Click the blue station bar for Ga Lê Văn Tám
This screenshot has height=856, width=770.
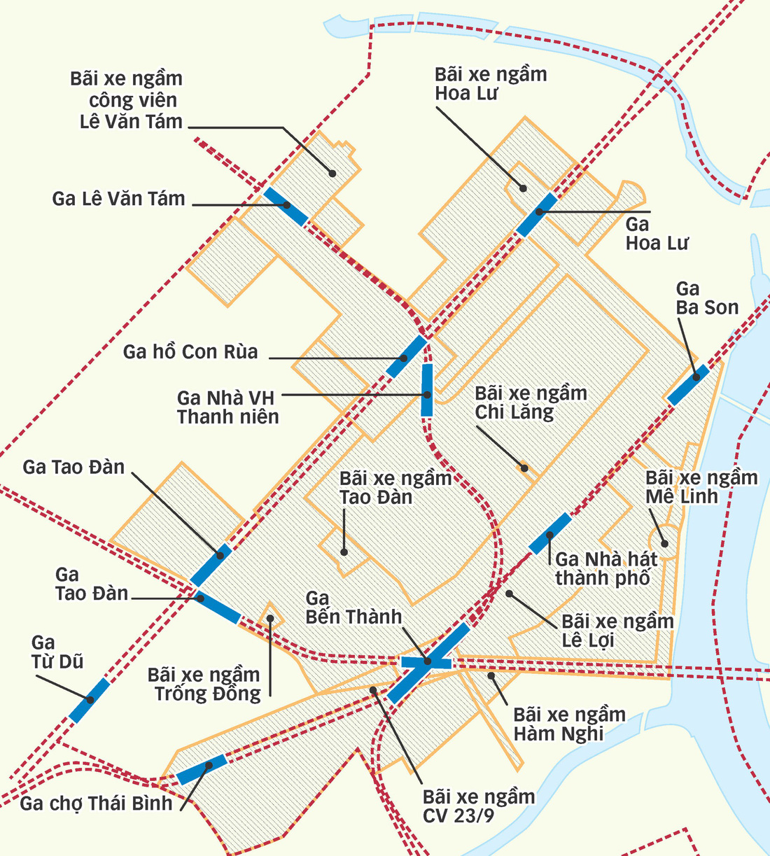[x=286, y=206]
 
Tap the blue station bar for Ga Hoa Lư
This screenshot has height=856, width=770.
[x=537, y=214]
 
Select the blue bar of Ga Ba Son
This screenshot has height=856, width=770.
[x=687, y=385]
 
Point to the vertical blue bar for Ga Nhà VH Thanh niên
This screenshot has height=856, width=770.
[x=426, y=390]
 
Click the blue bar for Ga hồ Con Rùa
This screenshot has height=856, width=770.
[x=407, y=356]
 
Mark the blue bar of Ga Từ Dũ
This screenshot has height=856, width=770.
[x=89, y=700]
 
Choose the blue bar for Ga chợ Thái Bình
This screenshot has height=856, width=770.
[x=201, y=769]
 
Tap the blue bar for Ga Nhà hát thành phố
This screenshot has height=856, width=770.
[x=549, y=533]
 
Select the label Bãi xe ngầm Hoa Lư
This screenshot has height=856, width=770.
[x=490, y=84]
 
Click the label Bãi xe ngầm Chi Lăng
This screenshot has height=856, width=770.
[x=531, y=402]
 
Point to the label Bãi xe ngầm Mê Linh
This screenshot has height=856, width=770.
[x=701, y=487]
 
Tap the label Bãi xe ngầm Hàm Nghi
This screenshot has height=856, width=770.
[x=569, y=724]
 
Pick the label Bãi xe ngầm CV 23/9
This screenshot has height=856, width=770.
[x=479, y=806]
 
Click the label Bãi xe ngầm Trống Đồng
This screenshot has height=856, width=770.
[x=204, y=684]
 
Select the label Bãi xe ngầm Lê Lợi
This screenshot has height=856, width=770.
[x=617, y=631]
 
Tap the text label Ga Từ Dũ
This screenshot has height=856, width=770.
[x=57, y=652]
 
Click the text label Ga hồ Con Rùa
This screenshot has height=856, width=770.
[x=190, y=351]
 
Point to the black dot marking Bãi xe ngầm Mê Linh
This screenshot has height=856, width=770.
[x=665, y=543]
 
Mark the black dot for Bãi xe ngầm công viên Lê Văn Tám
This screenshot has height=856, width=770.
[x=332, y=173]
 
